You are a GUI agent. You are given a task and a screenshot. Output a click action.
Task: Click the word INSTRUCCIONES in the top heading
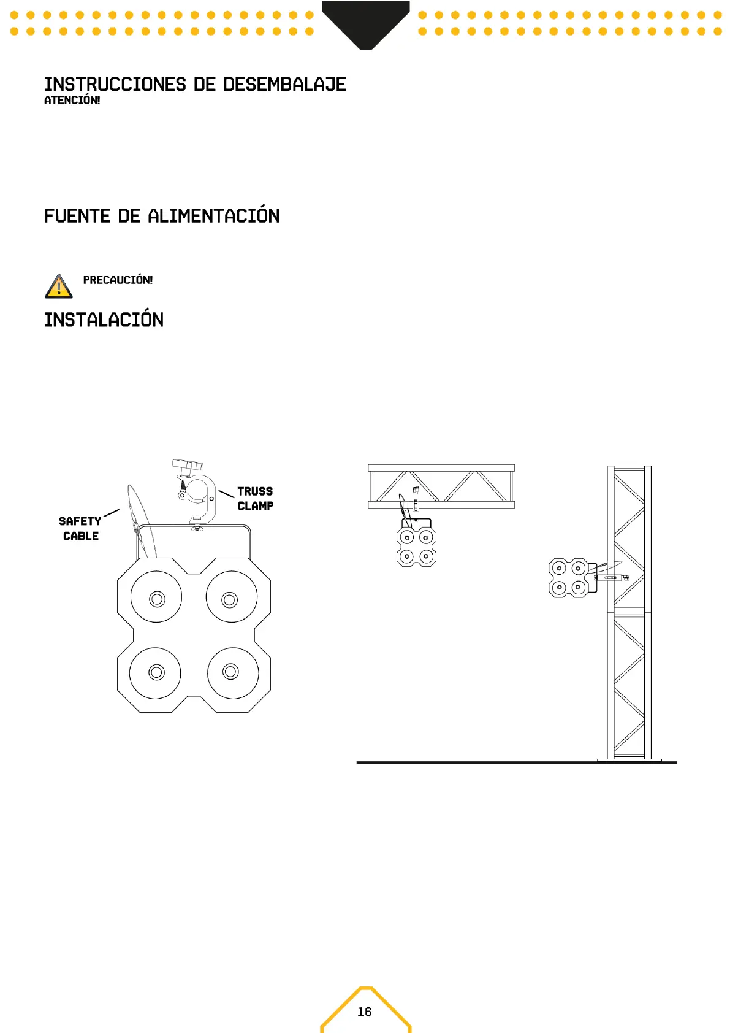[115, 85]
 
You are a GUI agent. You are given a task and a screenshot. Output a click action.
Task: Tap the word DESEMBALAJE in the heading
[284, 85]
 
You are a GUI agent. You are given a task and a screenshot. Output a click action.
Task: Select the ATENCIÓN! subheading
[72, 100]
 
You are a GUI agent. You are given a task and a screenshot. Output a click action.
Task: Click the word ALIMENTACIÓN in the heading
[213, 216]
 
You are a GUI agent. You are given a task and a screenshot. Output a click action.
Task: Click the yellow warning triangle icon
[58, 287]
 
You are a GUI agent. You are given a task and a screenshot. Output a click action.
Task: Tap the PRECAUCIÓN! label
[118, 280]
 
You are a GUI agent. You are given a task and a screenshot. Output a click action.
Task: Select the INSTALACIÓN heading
[104, 320]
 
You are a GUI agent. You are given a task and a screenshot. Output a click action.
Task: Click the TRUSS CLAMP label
[255, 499]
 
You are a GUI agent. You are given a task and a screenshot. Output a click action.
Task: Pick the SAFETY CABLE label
[80, 528]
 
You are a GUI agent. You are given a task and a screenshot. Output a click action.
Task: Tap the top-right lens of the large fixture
[230, 599]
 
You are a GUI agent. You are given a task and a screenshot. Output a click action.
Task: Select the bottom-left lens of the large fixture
[156, 672]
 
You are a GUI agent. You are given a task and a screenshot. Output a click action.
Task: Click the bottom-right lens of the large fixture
[231, 672]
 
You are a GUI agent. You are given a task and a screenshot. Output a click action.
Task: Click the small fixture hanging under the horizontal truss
[416, 546]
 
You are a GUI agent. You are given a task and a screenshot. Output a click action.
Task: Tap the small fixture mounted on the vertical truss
[568, 578]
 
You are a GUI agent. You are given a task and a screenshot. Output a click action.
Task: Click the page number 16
[365, 1012]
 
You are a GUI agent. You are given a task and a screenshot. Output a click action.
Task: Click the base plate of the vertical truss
[629, 760]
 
